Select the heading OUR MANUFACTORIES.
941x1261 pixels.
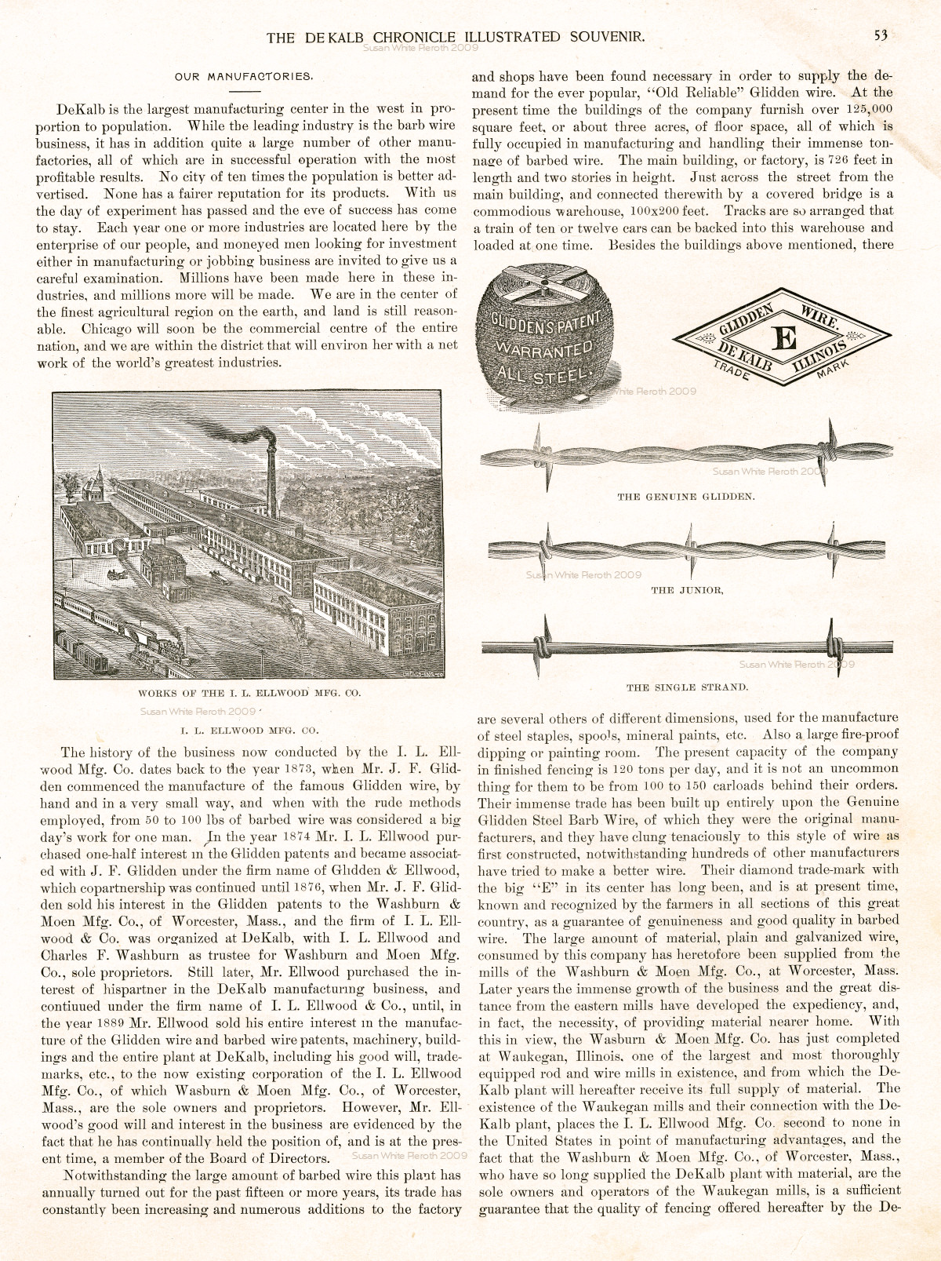coord(244,77)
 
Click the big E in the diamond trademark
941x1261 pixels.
coord(784,338)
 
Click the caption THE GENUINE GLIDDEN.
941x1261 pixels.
coord(686,497)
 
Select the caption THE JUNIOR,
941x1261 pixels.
coord(687,590)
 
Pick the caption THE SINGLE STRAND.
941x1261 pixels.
coord(687,687)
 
